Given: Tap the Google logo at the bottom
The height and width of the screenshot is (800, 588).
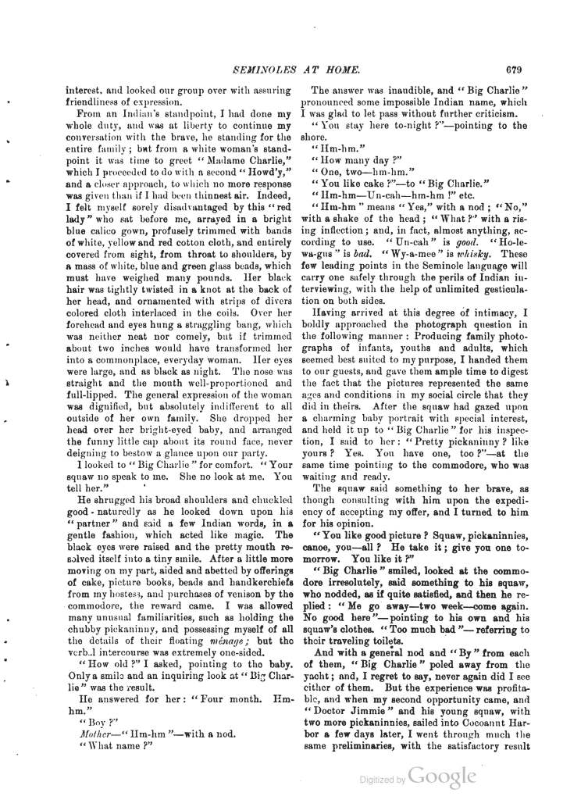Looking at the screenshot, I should tap(442, 776).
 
